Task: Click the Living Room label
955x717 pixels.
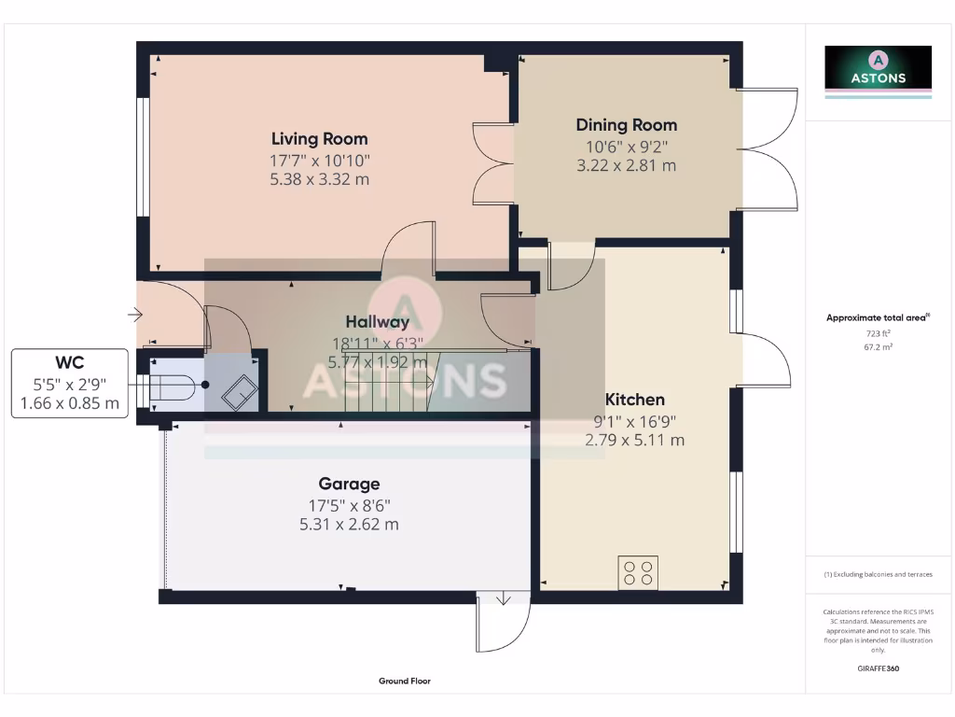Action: tap(319, 139)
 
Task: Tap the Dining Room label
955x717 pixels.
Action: tap(626, 125)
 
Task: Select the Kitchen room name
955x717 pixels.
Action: tap(634, 400)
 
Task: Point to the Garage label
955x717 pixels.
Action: tap(349, 484)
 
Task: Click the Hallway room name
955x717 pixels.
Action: tap(378, 322)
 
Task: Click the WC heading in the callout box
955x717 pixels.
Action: tap(70, 362)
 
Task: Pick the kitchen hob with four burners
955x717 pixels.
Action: tap(638, 572)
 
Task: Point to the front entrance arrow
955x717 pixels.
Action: tap(134, 316)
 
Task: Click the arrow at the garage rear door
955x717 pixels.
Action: tap(503, 598)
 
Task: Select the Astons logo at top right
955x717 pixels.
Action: tap(878, 71)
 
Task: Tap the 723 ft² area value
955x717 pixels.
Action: tap(878, 332)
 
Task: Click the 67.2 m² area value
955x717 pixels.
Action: tap(878, 345)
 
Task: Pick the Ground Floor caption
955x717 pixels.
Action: tap(405, 682)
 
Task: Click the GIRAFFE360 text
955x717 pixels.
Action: tap(878, 668)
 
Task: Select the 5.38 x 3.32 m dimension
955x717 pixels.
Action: tap(319, 178)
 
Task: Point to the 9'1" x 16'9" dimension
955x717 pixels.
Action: tap(634, 420)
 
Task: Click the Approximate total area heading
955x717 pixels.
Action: tap(877, 318)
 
